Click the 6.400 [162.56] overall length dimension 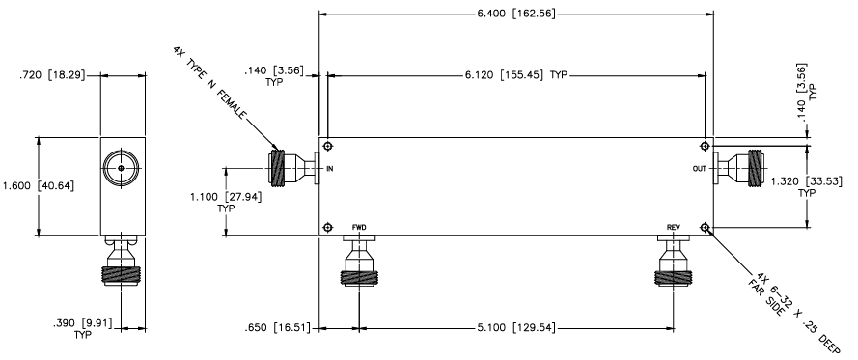pos(516,14)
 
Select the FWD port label pos(358,227)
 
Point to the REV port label pos(674,227)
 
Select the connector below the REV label pos(674,266)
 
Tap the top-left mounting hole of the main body pos(329,147)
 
